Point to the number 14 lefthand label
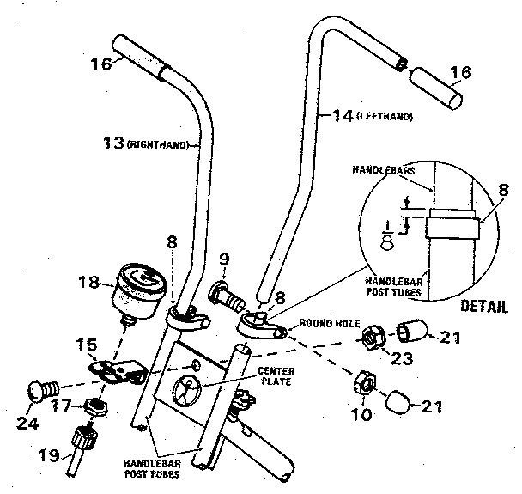pyautogui.click(x=366, y=114)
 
